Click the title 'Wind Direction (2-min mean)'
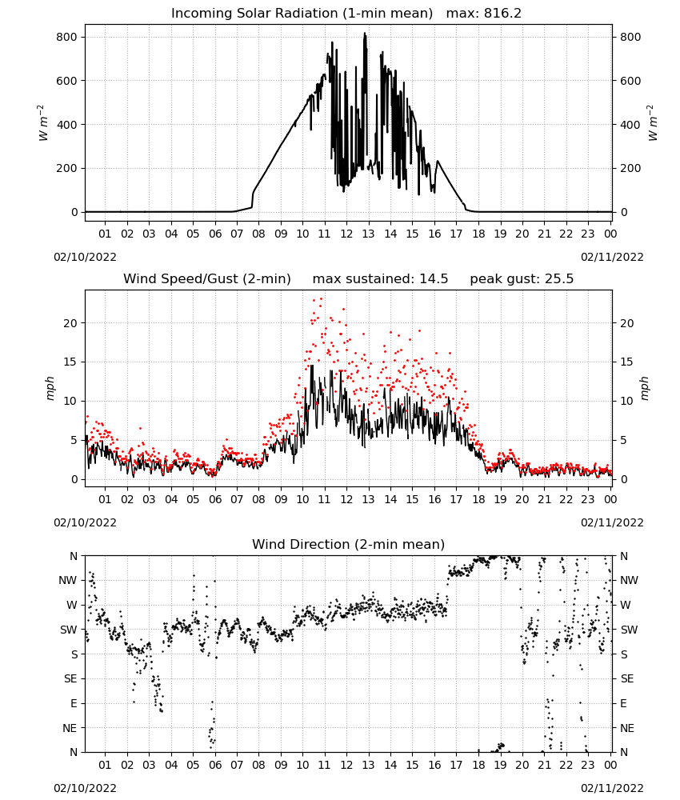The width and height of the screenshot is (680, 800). (x=349, y=544)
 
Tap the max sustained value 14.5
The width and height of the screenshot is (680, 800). (x=434, y=279)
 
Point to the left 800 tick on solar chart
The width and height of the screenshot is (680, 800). (x=67, y=38)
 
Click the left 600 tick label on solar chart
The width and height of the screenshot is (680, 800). (x=67, y=81)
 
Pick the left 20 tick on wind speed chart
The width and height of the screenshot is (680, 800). (x=70, y=323)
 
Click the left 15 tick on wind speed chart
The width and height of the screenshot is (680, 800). (x=70, y=362)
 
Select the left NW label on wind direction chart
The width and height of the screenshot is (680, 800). (x=68, y=581)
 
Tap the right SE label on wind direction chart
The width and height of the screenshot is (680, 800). (x=627, y=679)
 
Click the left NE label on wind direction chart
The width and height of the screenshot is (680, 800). (x=70, y=729)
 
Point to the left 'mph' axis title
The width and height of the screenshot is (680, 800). (x=50, y=389)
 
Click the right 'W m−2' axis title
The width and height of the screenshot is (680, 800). (x=653, y=123)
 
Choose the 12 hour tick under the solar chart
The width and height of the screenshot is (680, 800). (x=346, y=234)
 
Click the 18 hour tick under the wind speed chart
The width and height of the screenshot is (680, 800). (x=478, y=499)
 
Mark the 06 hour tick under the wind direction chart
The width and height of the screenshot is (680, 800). (x=215, y=766)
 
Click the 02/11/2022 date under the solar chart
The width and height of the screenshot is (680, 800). (x=612, y=257)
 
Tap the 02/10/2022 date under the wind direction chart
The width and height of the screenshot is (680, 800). (x=85, y=788)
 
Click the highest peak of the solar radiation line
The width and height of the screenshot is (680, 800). (x=365, y=33)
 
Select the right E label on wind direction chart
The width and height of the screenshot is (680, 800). (x=623, y=703)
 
